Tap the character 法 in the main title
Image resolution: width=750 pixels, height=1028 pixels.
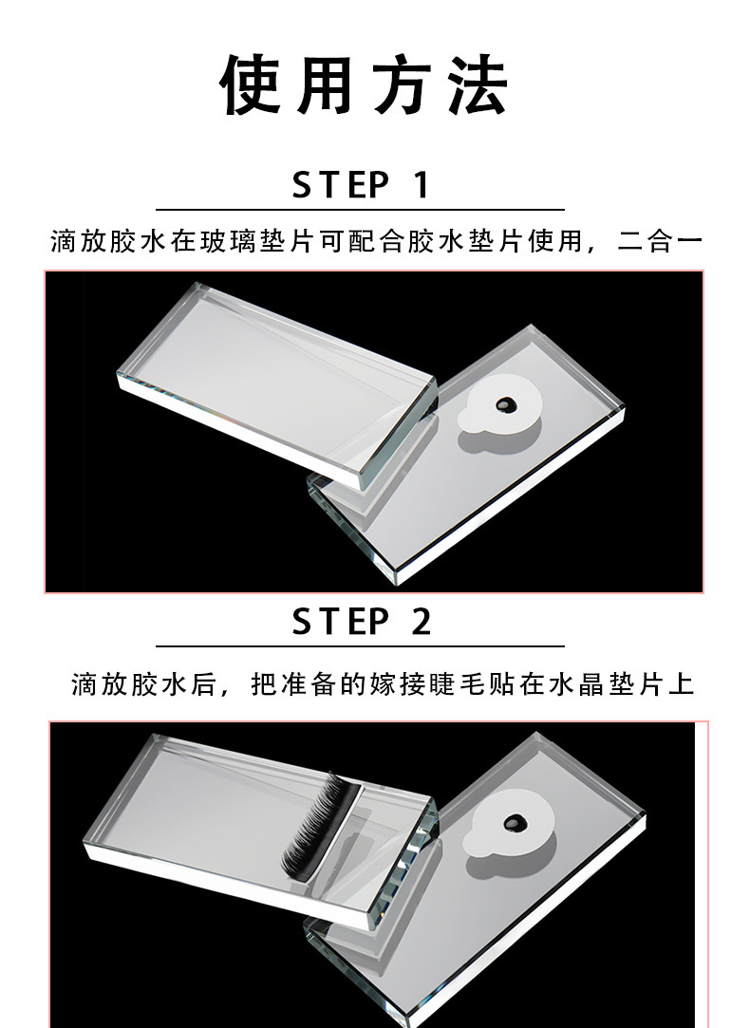click(478, 85)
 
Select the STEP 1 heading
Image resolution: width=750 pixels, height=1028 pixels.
click(360, 184)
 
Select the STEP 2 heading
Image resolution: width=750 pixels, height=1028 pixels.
click(361, 621)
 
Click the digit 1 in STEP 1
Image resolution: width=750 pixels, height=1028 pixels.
click(421, 184)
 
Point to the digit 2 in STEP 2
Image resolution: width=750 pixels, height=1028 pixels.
click(421, 621)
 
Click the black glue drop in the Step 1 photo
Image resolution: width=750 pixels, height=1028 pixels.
click(505, 406)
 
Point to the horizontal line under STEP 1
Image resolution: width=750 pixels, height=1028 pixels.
click(360, 210)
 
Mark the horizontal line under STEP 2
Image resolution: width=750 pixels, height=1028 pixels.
click(360, 646)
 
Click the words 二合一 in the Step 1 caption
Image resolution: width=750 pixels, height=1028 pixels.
click(660, 241)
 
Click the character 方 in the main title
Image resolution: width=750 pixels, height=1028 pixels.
click(403, 85)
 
